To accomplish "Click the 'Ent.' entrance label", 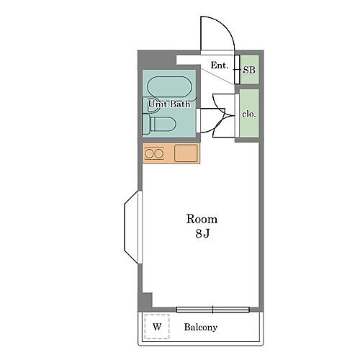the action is [x=220, y=66].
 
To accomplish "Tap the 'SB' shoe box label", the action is [x=249, y=70].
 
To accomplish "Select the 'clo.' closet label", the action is [x=249, y=114].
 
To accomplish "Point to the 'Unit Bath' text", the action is [x=169, y=104].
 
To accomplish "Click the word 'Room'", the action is [x=202, y=219].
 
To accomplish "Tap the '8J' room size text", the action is [x=202, y=233].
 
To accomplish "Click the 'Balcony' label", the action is [x=201, y=328].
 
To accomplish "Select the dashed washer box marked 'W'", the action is [x=157, y=326].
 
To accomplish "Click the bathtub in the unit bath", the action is [x=170, y=87].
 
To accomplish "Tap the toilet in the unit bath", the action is [x=159, y=124].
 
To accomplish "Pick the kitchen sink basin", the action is [x=186, y=153].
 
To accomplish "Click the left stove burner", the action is [x=149, y=153].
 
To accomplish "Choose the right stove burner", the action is [x=158, y=153].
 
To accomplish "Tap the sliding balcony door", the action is [x=213, y=310].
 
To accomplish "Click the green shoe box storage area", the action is [x=250, y=70].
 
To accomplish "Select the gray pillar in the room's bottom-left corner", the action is [x=145, y=301].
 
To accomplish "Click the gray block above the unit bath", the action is [x=156, y=60].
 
